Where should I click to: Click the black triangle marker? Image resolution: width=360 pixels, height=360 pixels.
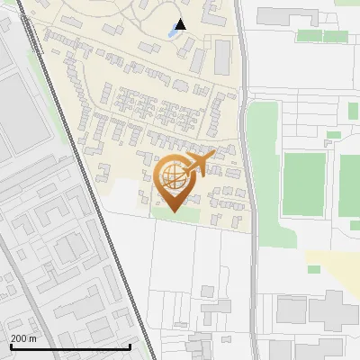tap(181, 24)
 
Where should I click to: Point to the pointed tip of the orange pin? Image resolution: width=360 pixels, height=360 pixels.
tap(175, 211)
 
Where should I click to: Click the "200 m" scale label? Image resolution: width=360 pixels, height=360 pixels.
tap(23, 338)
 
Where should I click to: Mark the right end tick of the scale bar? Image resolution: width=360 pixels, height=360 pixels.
tap(130, 346)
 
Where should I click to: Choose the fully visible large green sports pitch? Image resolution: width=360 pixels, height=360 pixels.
tap(303, 184)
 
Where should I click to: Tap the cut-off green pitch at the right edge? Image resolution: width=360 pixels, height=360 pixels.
tap(350, 184)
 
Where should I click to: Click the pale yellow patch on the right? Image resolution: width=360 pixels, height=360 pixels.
tap(333, 261)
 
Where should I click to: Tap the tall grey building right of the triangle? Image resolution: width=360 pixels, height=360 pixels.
tap(222, 57)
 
